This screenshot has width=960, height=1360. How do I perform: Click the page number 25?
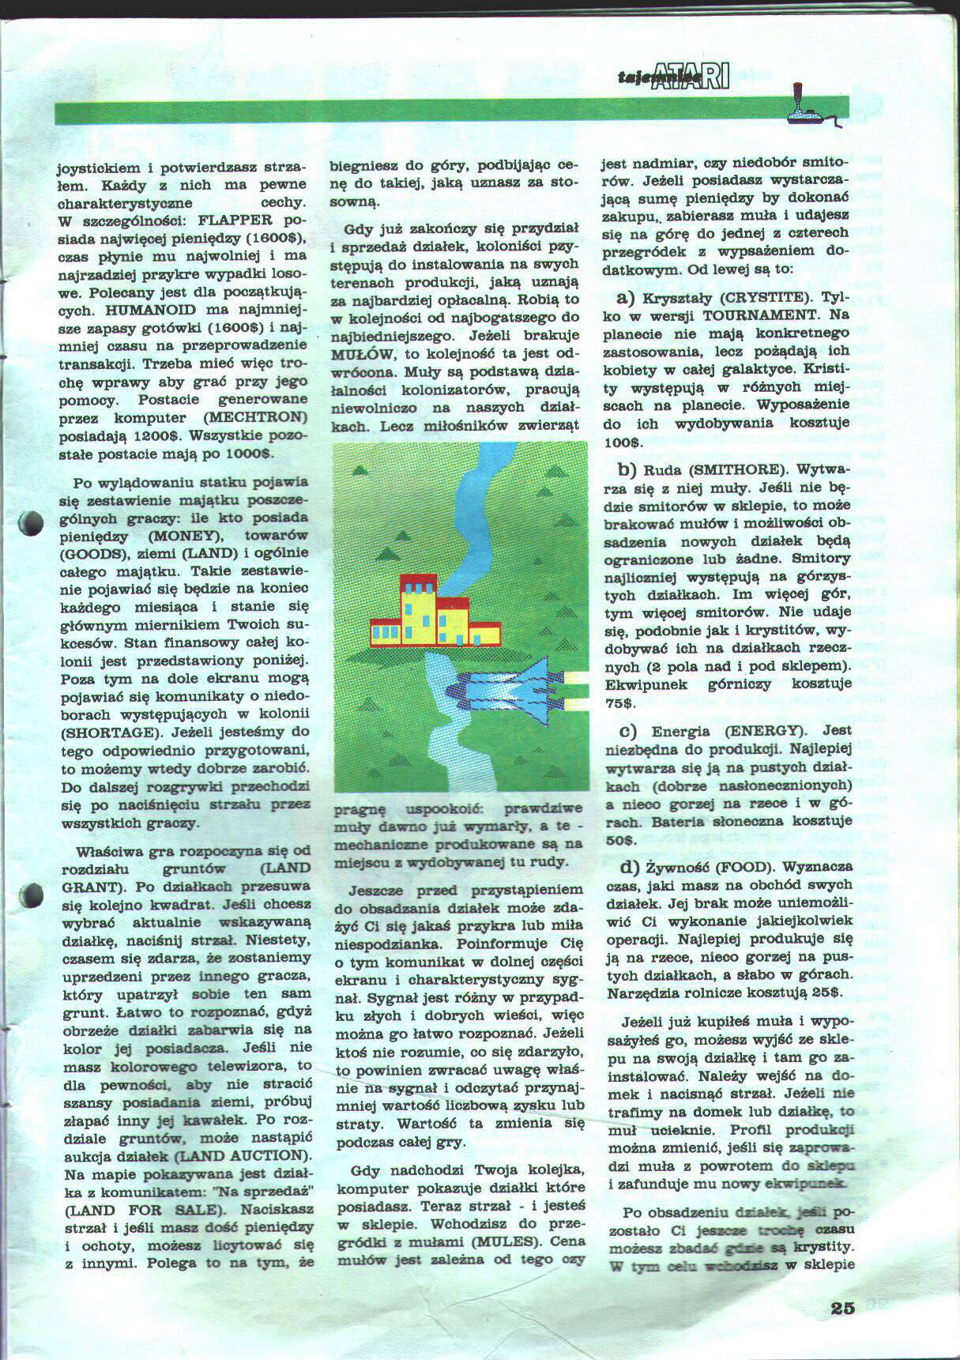click(x=843, y=1307)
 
